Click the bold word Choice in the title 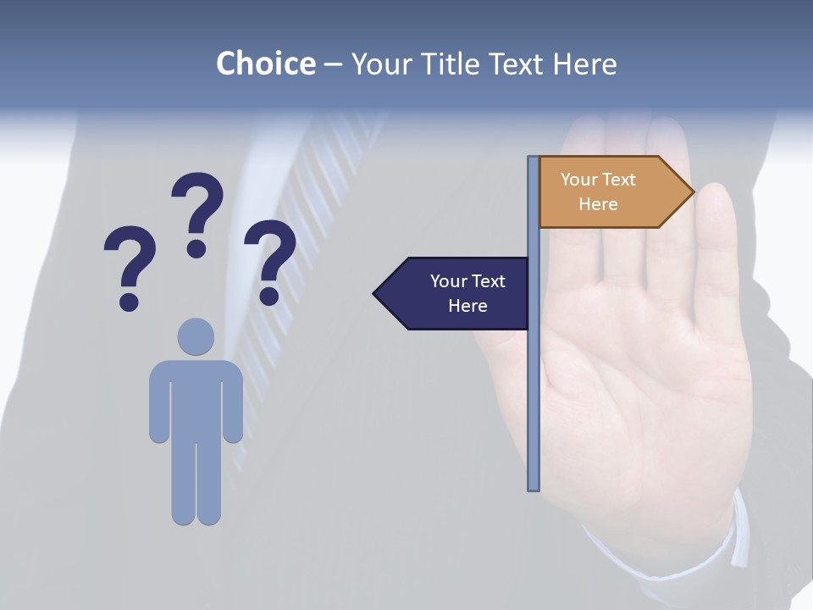(265, 64)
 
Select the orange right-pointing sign (610, 191)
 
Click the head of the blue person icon (196, 336)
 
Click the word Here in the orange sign (598, 204)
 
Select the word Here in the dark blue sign (467, 306)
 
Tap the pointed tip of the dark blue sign (376, 293)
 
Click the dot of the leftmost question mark (129, 301)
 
